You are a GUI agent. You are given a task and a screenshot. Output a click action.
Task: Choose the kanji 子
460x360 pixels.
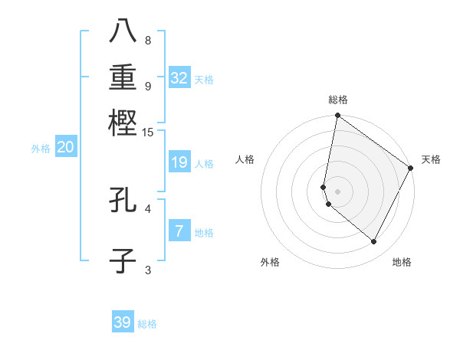(x=123, y=260)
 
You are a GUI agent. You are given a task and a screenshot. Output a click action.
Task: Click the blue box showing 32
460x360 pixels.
(x=179, y=78)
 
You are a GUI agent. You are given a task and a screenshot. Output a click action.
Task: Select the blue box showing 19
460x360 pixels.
(x=179, y=162)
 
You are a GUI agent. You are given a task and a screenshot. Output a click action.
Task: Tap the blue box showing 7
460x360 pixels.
(x=179, y=231)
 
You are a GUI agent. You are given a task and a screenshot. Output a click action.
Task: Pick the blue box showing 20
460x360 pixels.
(x=65, y=148)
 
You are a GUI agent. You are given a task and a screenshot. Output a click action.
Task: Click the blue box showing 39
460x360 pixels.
(x=123, y=322)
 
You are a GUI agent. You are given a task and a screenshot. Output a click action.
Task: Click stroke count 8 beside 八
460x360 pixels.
(x=148, y=40)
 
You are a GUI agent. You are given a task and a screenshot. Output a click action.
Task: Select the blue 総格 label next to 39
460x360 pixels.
(x=147, y=324)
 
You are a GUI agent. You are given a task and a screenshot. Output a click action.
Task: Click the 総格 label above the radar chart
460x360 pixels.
(x=337, y=100)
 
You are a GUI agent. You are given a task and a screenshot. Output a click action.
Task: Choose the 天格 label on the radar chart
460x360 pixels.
(x=431, y=159)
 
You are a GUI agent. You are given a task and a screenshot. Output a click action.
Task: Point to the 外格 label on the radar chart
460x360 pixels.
(x=270, y=262)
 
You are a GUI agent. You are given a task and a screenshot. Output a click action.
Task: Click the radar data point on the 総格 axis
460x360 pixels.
(x=337, y=116)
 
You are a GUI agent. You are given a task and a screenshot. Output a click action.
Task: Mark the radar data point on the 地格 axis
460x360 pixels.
(x=374, y=242)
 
